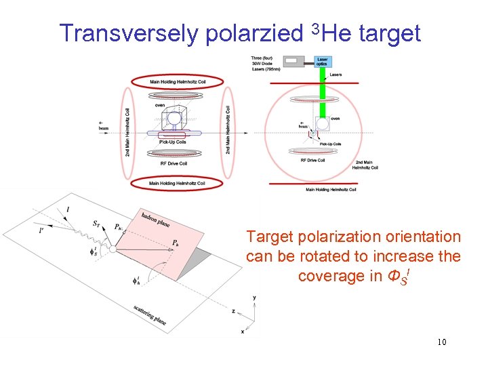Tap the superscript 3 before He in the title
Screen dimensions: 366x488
click(x=314, y=27)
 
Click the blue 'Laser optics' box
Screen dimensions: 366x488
click(x=323, y=62)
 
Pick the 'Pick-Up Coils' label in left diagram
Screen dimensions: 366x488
click(x=174, y=142)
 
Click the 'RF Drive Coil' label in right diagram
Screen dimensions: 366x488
click(x=314, y=161)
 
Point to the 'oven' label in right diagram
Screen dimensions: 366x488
click(x=335, y=119)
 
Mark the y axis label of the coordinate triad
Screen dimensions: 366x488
click(x=253, y=298)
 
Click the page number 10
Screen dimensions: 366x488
click(x=441, y=342)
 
